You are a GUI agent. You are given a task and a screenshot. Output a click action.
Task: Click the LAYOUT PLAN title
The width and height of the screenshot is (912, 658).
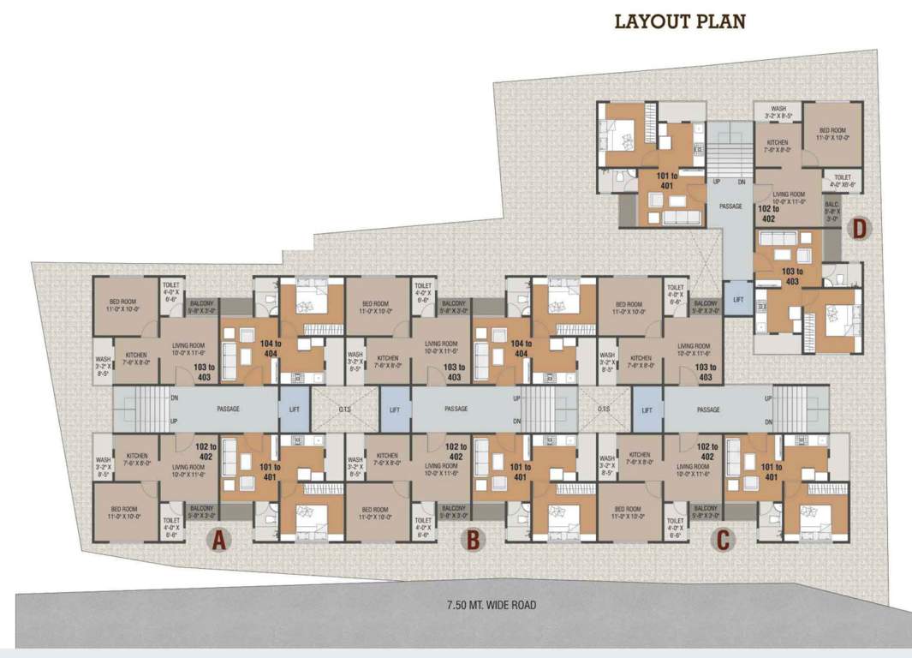(680, 21)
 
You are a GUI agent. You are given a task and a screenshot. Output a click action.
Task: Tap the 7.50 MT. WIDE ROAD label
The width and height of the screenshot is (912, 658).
(492, 605)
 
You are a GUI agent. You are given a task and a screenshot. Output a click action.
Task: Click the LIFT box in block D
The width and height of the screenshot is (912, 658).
(736, 298)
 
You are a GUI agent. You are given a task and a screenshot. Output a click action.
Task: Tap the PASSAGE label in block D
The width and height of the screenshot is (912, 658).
(730, 206)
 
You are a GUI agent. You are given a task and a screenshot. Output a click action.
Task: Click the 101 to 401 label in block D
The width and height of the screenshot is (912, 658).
(671, 182)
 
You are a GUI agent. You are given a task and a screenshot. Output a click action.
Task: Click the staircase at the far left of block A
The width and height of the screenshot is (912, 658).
(144, 409)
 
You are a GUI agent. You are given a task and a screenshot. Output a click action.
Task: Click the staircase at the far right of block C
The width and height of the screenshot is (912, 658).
(800, 409)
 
